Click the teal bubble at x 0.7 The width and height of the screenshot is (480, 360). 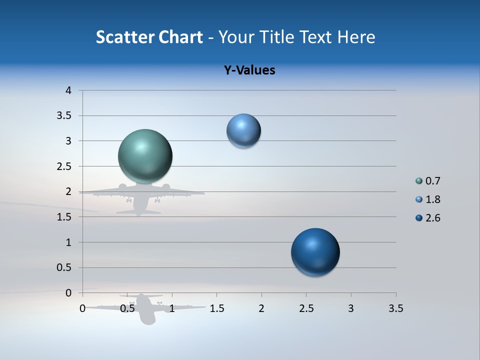click(145, 156)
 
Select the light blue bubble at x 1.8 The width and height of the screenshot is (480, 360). click(243, 131)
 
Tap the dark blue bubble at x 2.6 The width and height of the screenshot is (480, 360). click(315, 252)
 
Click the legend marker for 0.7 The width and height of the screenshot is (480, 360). click(419, 181)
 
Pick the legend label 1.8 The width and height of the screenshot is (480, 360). click(432, 199)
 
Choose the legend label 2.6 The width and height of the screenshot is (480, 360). click(432, 218)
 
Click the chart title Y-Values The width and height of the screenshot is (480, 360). click(249, 70)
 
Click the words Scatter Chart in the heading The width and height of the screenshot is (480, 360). click(149, 37)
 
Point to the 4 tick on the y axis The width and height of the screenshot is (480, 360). click(68, 90)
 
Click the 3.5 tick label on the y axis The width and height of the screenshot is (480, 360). click(65, 116)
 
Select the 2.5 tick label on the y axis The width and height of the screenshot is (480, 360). click(65, 166)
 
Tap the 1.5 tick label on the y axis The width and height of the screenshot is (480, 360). click(65, 217)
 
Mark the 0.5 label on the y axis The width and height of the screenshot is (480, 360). click(65, 267)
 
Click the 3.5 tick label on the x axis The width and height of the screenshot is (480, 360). click(395, 308)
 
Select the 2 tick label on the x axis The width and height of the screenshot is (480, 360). click(261, 308)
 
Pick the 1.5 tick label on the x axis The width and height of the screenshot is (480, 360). click(216, 308)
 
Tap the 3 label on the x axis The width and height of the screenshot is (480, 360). click(351, 308)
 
